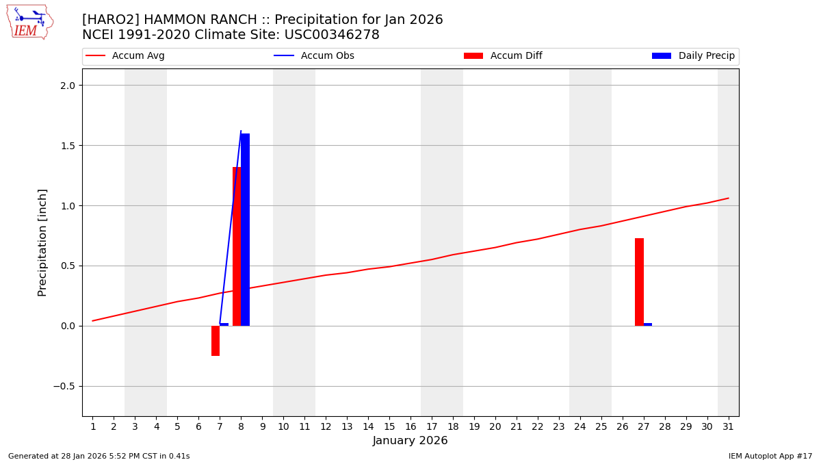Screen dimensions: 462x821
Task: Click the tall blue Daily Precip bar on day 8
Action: coord(246,229)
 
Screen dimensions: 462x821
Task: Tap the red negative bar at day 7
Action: coord(216,341)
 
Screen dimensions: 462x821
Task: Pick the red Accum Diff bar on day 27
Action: coord(639,282)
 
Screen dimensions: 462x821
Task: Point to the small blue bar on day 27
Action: coord(648,324)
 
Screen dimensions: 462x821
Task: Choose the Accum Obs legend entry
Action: coord(327,56)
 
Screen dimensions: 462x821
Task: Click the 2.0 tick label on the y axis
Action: coord(67,86)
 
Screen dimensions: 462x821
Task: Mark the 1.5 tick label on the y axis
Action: coord(67,146)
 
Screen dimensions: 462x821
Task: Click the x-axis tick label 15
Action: coord(389,427)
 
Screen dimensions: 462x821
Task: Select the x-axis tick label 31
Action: coord(728,427)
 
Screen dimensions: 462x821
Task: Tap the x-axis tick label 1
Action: coord(93,427)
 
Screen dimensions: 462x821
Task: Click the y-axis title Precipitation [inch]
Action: coord(42,242)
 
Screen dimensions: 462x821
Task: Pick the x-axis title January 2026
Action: coord(410,441)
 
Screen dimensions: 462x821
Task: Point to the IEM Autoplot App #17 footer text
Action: coord(770,456)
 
